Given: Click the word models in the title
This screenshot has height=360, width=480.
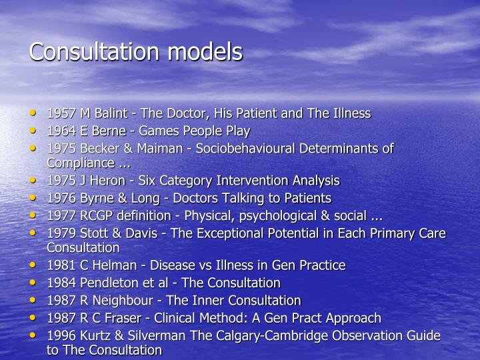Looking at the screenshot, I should coord(208,51).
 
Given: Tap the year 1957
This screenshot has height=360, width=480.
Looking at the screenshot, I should coord(60,113).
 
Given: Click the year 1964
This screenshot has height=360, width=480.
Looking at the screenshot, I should coord(60,131).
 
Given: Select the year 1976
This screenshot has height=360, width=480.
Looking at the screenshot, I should coord(60,198).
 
